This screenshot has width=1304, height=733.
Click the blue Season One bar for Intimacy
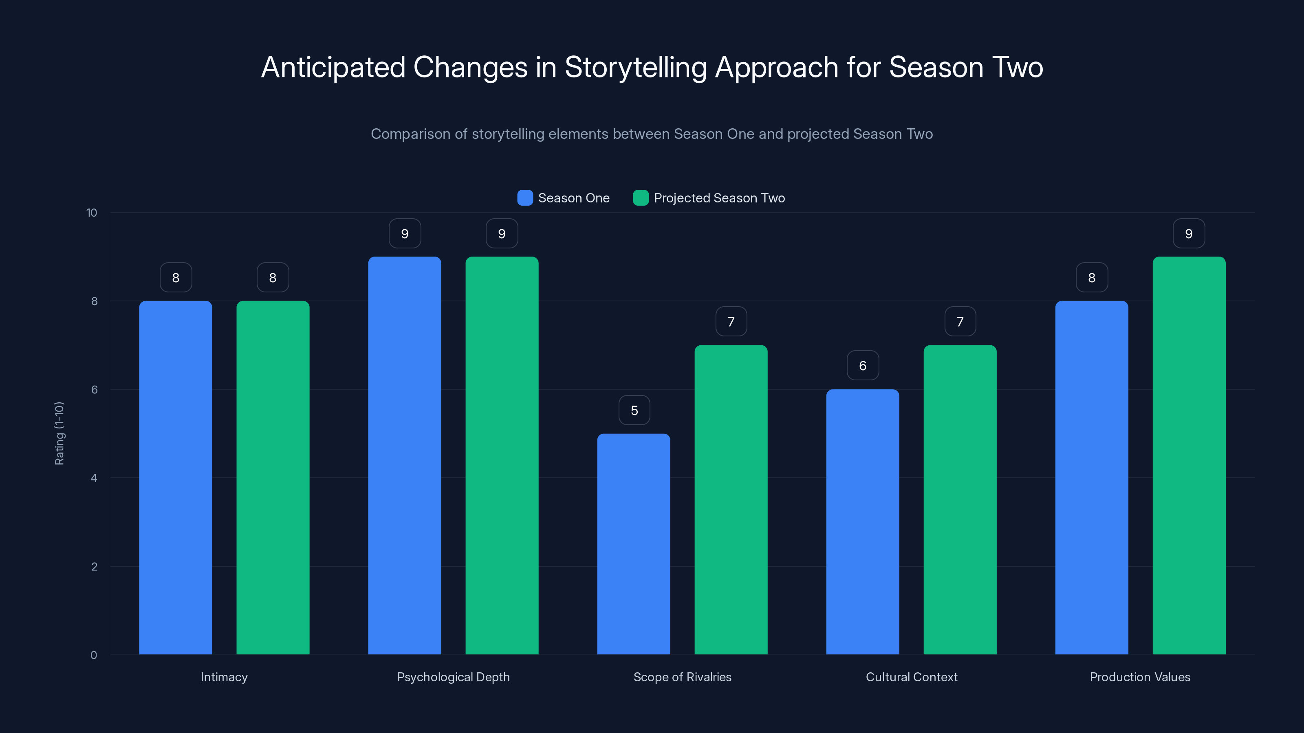tap(176, 478)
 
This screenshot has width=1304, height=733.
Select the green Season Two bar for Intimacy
tap(273, 478)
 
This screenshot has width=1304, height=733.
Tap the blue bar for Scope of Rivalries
tap(634, 544)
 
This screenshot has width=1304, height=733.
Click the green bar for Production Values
tap(1189, 455)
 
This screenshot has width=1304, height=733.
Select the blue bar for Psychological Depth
tap(405, 455)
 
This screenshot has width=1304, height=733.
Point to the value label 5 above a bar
tap(634, 410)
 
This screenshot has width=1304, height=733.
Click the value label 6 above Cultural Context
tap(863, 366)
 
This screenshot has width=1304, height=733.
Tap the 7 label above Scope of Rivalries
tap(731, 322)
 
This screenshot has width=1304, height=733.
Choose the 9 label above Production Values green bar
tap(1189, 234)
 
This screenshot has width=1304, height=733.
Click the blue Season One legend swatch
tap(525, 198)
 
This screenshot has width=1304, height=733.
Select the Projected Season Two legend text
tap(719, 198)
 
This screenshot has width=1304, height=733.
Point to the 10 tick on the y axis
tap(92, 213)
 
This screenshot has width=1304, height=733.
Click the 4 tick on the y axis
tap(94, 478)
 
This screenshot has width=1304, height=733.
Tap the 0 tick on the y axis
tap(94, 655)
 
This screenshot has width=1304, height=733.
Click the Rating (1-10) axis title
tap(59, 434)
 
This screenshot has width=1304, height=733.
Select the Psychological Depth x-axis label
tap(453, 677)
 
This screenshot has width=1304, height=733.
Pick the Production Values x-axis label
tap(1140, 677)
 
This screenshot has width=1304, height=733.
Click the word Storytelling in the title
tap(635, 67)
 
